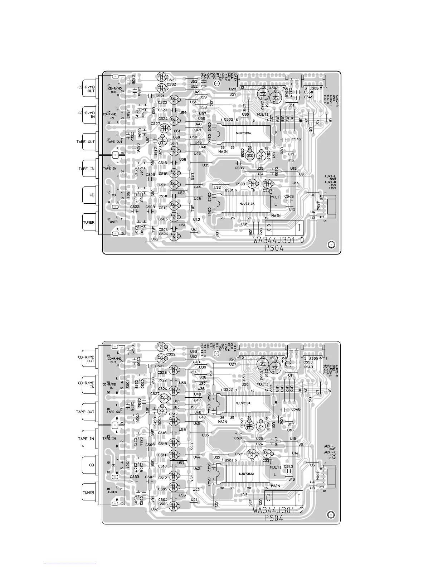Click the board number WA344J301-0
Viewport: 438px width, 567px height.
click(279, 241)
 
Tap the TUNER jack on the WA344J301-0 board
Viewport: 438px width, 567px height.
click(89, 222)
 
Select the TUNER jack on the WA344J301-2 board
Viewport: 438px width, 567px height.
click(89, 493)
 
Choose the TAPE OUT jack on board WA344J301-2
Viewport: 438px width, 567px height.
click(86, 412)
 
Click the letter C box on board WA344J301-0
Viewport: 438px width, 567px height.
click(269, 228)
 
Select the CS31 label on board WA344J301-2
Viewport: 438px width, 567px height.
click(171, 350)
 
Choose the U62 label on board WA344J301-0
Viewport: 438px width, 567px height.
click(155, 239)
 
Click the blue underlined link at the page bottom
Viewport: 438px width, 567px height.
click(71, 564)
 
